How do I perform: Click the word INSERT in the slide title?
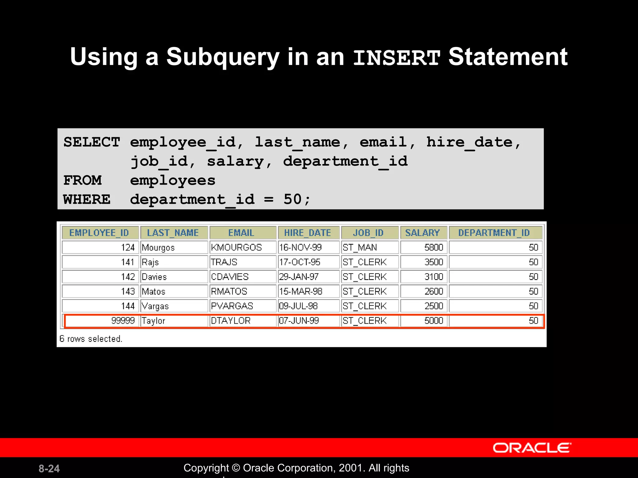(397, 58)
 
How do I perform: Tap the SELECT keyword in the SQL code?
(92, 142)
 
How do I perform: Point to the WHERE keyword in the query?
(87, 199)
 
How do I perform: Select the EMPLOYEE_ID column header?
(99, 233)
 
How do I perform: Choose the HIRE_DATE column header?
(307, 233)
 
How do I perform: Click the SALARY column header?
(422, 233)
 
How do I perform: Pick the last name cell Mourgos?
(158, 248)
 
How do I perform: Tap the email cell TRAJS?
(224, 262)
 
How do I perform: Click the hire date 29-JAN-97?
(299, 277)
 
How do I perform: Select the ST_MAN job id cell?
(360, 248)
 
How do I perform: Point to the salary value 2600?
(434, 292)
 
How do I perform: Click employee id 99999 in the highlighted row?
(123, 321)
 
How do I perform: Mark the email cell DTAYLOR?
(231, 321)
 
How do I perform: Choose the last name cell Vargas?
(155, 306)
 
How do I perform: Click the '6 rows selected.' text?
(91, 339)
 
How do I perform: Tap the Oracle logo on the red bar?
(532, 448)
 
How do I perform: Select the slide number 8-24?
(49, 469)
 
